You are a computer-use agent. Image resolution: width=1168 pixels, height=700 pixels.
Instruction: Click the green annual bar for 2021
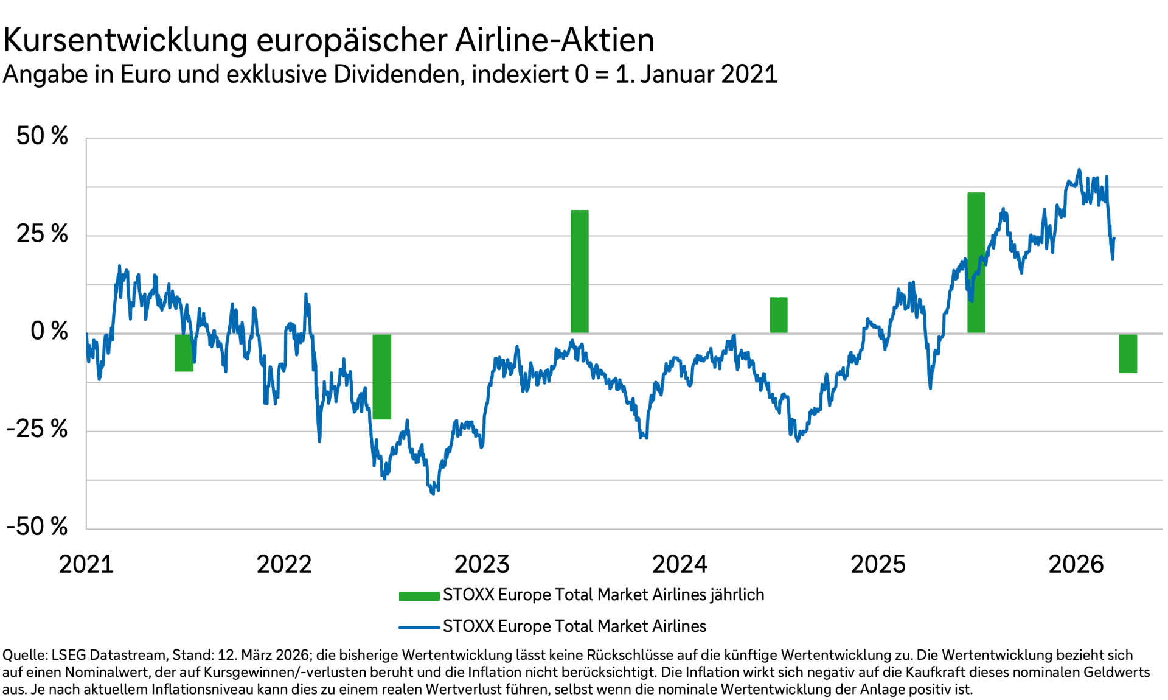184,352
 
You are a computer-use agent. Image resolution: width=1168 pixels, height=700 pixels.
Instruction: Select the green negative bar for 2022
381,376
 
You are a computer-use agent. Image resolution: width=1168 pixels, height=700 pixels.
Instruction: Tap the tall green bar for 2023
579,271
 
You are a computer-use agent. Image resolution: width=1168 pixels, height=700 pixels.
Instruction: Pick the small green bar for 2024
778,315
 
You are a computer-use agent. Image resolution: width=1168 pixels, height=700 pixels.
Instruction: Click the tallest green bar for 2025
976,262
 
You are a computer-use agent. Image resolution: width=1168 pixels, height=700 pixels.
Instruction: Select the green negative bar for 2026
1128,353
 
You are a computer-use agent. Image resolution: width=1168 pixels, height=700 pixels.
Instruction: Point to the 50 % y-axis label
42,136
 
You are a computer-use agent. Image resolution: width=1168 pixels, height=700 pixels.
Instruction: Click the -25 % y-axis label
37,429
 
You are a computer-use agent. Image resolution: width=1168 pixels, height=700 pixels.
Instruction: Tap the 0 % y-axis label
49,331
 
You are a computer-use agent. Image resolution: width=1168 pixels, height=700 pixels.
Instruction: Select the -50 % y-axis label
37,527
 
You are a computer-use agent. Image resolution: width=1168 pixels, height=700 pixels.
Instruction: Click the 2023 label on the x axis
482,564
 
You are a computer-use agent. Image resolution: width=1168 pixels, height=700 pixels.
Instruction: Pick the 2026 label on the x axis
1076,564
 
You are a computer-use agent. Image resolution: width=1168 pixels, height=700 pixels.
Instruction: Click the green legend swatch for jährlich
419,596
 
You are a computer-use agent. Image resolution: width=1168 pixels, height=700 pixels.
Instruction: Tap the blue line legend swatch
419,627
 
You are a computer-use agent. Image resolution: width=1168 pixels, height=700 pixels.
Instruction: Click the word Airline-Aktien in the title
554,40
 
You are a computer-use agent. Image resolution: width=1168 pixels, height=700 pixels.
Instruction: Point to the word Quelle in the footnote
24,655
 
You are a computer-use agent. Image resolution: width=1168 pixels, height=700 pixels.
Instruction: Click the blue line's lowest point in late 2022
433,494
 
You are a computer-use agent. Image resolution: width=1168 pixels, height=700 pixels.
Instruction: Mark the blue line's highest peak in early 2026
1079,170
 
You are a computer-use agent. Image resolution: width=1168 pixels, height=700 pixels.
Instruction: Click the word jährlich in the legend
736,595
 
